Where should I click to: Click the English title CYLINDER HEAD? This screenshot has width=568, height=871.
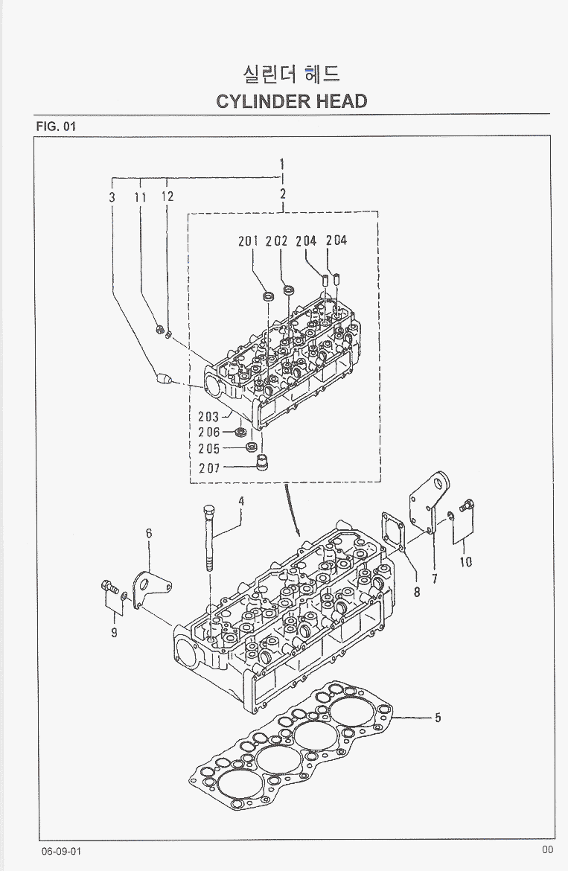coord(291,101)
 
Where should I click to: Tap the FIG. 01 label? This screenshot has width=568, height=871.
coord(56,126)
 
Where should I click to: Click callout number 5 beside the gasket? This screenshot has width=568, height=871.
coord(438,718)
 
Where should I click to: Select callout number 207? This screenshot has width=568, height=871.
coord(208,468)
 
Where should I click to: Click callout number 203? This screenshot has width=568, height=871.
coord(208,417)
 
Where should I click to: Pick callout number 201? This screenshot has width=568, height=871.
coord(248,240)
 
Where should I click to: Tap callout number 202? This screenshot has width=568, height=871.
coord(276,240)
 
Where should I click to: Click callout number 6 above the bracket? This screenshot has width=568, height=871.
coord(149,533)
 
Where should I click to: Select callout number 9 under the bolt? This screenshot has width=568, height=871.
coord(114,634)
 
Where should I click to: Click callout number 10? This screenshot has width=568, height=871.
coord(465,562)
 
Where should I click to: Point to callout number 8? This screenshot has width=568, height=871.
coord(417,593)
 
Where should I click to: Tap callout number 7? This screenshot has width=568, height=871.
coord(434,578)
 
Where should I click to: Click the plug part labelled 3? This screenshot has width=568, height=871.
coord(164,378)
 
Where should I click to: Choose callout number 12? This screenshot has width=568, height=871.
coord(167,197)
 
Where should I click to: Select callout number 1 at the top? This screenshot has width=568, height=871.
coord(283,164)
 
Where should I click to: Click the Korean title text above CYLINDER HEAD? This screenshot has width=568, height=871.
coord(291,74)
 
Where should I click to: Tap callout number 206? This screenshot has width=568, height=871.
coord(208,433)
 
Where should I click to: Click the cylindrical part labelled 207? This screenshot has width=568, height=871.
coord(262,462)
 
